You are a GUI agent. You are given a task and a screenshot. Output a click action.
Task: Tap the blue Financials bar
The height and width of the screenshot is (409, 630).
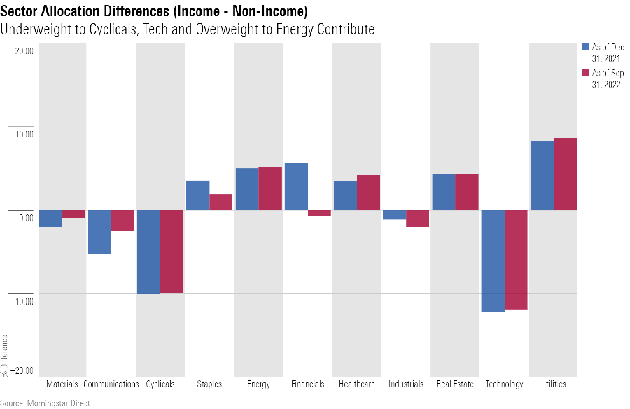click(x=296, y=186)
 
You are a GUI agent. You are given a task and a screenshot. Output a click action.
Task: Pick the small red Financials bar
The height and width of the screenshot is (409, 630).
click(x=320, y=213)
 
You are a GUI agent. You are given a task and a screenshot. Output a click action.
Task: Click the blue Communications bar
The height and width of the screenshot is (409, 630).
click(x=99, y=232)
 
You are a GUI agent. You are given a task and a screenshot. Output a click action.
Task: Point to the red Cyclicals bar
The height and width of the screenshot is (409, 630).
click(x=172, y=251)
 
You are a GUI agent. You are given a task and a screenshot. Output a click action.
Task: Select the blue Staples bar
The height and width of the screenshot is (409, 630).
click(x=197, y=195)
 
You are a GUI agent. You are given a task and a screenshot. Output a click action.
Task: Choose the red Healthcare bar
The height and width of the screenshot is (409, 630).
click(x=369, y=193)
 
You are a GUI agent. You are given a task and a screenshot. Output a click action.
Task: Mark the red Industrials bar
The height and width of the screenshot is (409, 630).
click(x=418, y=219)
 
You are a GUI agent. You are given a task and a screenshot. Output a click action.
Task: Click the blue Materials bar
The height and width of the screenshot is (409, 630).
click(x=50, y=219)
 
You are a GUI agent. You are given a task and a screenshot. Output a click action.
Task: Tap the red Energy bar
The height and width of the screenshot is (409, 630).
click(x=270, y=188)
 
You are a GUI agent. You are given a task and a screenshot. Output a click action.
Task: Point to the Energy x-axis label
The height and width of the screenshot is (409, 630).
click(x=258, y=384)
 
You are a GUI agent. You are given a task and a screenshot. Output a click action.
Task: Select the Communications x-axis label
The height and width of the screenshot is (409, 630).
click(x=111, y=384)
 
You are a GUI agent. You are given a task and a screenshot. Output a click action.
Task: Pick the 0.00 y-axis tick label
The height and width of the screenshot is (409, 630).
click(x=25, y=217)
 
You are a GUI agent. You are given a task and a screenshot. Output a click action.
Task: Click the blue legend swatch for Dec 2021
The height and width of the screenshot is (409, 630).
click(x=586, y=48)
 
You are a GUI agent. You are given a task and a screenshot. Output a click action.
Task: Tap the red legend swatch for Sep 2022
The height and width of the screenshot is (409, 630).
click(x=586, y=74)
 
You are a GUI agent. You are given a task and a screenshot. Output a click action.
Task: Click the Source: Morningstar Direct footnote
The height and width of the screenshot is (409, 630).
click(x=45, y=403)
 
